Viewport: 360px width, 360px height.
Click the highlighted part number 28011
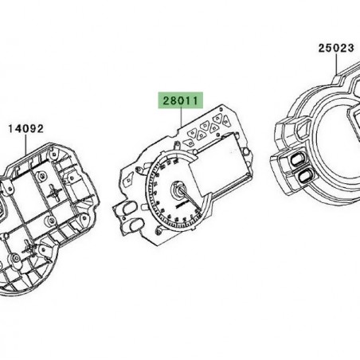(x=182, y=103)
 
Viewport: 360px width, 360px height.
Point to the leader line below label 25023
(x=335, y=63)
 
